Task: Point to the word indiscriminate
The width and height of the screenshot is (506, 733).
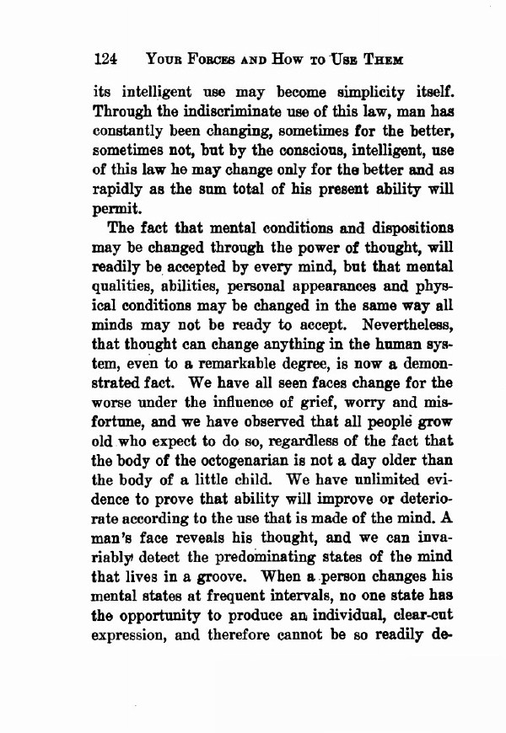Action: click(x=219, y=113)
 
